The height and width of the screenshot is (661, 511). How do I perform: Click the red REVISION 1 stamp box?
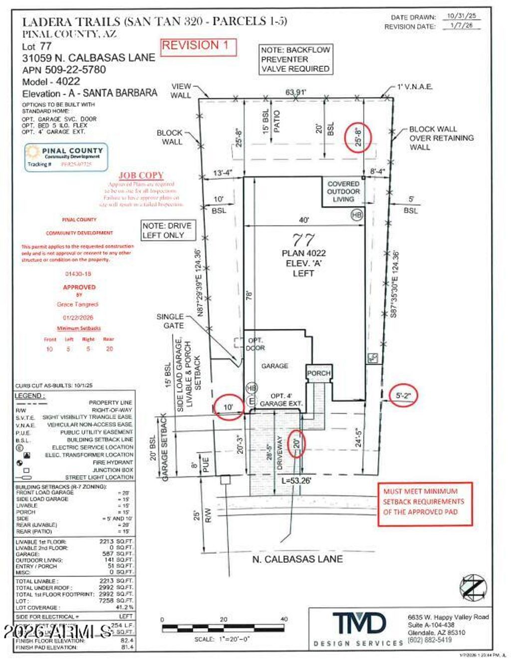(198, 46)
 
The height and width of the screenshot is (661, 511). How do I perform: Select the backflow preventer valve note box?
(295, 59)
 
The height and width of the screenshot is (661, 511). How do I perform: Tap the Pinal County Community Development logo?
(66, 157)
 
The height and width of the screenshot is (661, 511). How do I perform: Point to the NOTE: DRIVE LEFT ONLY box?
(167, 230)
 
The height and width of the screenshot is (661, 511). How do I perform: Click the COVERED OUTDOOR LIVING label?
(343, 192)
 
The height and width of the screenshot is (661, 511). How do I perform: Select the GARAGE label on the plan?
(274, 366)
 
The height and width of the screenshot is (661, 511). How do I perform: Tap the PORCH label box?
(318, 373)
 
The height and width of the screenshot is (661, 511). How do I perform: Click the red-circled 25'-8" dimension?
(358, 137)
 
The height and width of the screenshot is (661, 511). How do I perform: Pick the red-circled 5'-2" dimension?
(403, 396)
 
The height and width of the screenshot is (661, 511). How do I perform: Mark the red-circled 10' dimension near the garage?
(228, 407)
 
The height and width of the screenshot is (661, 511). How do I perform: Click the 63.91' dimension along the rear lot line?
(295, 92)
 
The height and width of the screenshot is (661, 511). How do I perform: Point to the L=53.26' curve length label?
(296, 481)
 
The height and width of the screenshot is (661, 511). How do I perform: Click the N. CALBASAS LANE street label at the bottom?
(297, 559)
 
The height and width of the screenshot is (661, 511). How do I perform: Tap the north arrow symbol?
(473, 587)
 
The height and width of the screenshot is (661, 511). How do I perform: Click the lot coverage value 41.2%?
(125, 608)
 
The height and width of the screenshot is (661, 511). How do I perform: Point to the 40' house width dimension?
(303, 220)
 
